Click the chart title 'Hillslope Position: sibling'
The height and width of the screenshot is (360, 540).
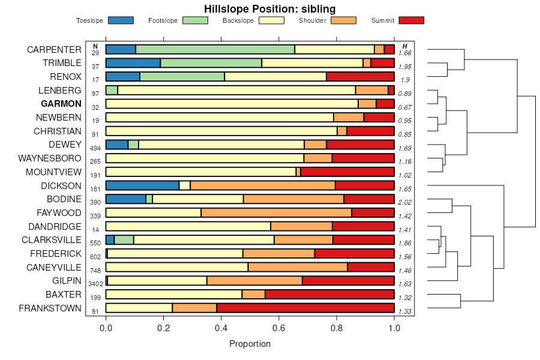click(x=269, y=9)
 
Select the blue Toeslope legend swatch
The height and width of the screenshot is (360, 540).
click(x=121, y=20)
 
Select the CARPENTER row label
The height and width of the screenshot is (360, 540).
click(x=54, y=49)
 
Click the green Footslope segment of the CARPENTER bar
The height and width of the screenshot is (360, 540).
click(x=215, y=49)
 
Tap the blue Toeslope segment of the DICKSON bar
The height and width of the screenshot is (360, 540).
click(x=142, y=185)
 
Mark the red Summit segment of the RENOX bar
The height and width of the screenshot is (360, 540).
click(x=360, y=77)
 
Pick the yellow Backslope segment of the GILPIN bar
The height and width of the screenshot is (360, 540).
click(x=158, y=280)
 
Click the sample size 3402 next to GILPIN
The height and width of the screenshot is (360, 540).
click(x=95, y=284)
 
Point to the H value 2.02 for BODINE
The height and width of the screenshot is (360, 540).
click(x=405, y=202)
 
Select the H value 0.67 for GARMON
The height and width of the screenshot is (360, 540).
click(x=405, y=107)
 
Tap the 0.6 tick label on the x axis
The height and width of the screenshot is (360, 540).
click(x=279, y=328)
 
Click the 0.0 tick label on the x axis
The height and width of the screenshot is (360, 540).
click(x=106, y=328)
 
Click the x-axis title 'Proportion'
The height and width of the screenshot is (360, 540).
click(x=250, y=344)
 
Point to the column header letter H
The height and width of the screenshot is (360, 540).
click(x=405, y=46)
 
